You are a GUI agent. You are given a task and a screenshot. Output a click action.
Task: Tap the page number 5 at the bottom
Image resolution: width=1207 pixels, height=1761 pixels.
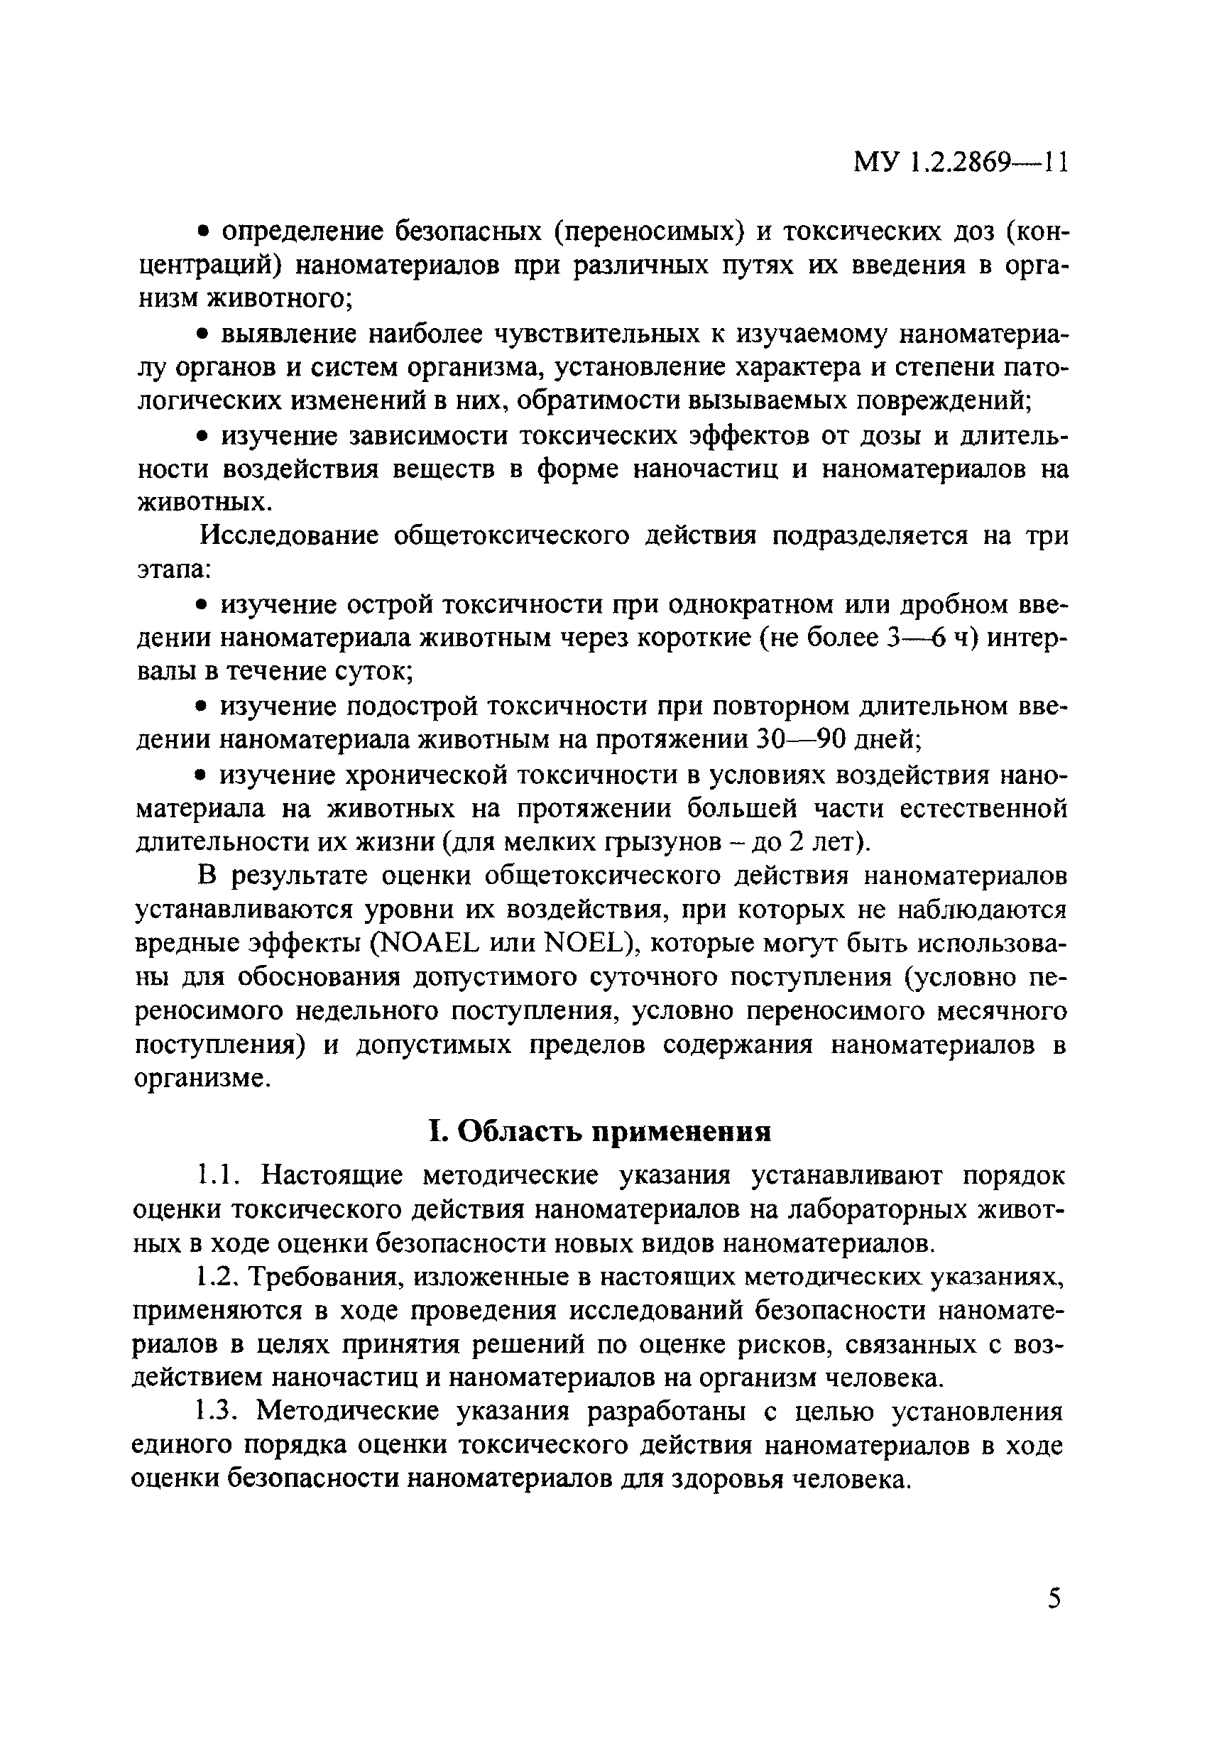point(1054,1598)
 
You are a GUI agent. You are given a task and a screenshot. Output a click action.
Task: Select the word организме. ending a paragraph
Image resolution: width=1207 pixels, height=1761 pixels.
point(202,1079)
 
